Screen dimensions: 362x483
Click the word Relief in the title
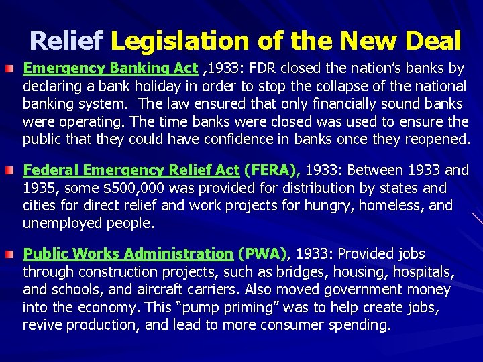[x=66, y=42]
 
